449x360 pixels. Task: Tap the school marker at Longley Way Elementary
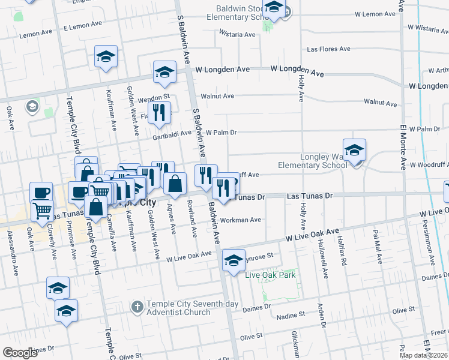coord(354,151)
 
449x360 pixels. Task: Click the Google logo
coord(20,353)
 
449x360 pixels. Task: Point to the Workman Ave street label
coord(240,220)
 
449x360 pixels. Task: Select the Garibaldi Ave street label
coord(171,133)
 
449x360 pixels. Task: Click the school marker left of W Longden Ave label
coord(164,72)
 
